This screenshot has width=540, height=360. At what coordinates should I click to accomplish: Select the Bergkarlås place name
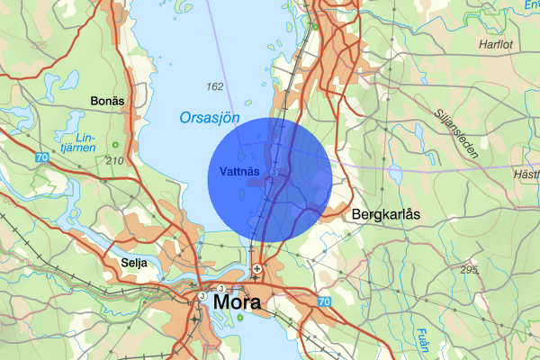[x=388, y=216]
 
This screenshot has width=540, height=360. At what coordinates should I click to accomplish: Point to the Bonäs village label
[x=107, y=101]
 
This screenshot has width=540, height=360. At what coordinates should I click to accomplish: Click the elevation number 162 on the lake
[x=214, y=87]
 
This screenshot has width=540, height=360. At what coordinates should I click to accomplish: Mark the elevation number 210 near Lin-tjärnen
[x=114, y=160]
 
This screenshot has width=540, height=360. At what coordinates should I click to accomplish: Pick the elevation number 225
[x=38, y=44]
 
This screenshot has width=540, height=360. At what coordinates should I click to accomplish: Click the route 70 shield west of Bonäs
[x=43, y=157]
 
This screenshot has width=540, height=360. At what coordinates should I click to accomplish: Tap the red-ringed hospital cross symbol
[x=256, y=268]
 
